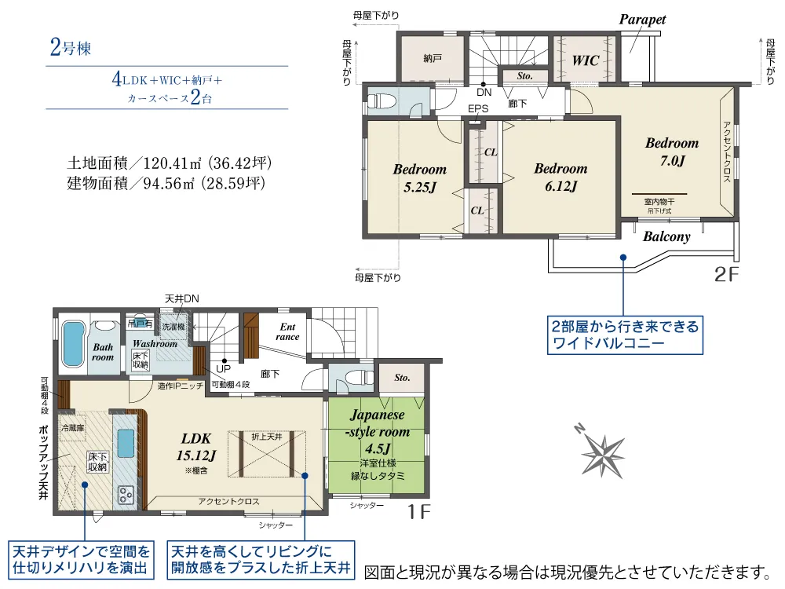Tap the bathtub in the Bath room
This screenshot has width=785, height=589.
click(x=72, y=344)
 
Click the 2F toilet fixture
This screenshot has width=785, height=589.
click(x=382, y=101)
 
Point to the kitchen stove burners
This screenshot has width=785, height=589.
click(x=126, y=495)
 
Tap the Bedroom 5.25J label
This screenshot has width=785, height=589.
click(x=419, y=177)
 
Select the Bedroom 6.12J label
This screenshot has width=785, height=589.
click(x=560, y=177)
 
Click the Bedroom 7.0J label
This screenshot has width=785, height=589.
click(x=672, y=152)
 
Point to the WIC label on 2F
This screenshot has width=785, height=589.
click(x=586, y=60)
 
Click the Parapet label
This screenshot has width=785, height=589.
click(x=642, y=20)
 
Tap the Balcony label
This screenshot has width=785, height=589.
click(x=666, y=236)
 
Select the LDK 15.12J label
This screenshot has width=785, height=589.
click(x=196, y=447)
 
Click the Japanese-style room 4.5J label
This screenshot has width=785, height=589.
click(x=378, y=431)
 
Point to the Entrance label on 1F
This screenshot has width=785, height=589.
click(x=287, y=331)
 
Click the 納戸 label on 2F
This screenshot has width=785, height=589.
click(x=433, y=59)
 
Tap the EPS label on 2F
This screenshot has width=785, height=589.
click(x=478, y=108)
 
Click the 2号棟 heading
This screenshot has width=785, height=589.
click(x=70, y=48)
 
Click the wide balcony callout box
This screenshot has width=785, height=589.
click(x=625, y=335)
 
